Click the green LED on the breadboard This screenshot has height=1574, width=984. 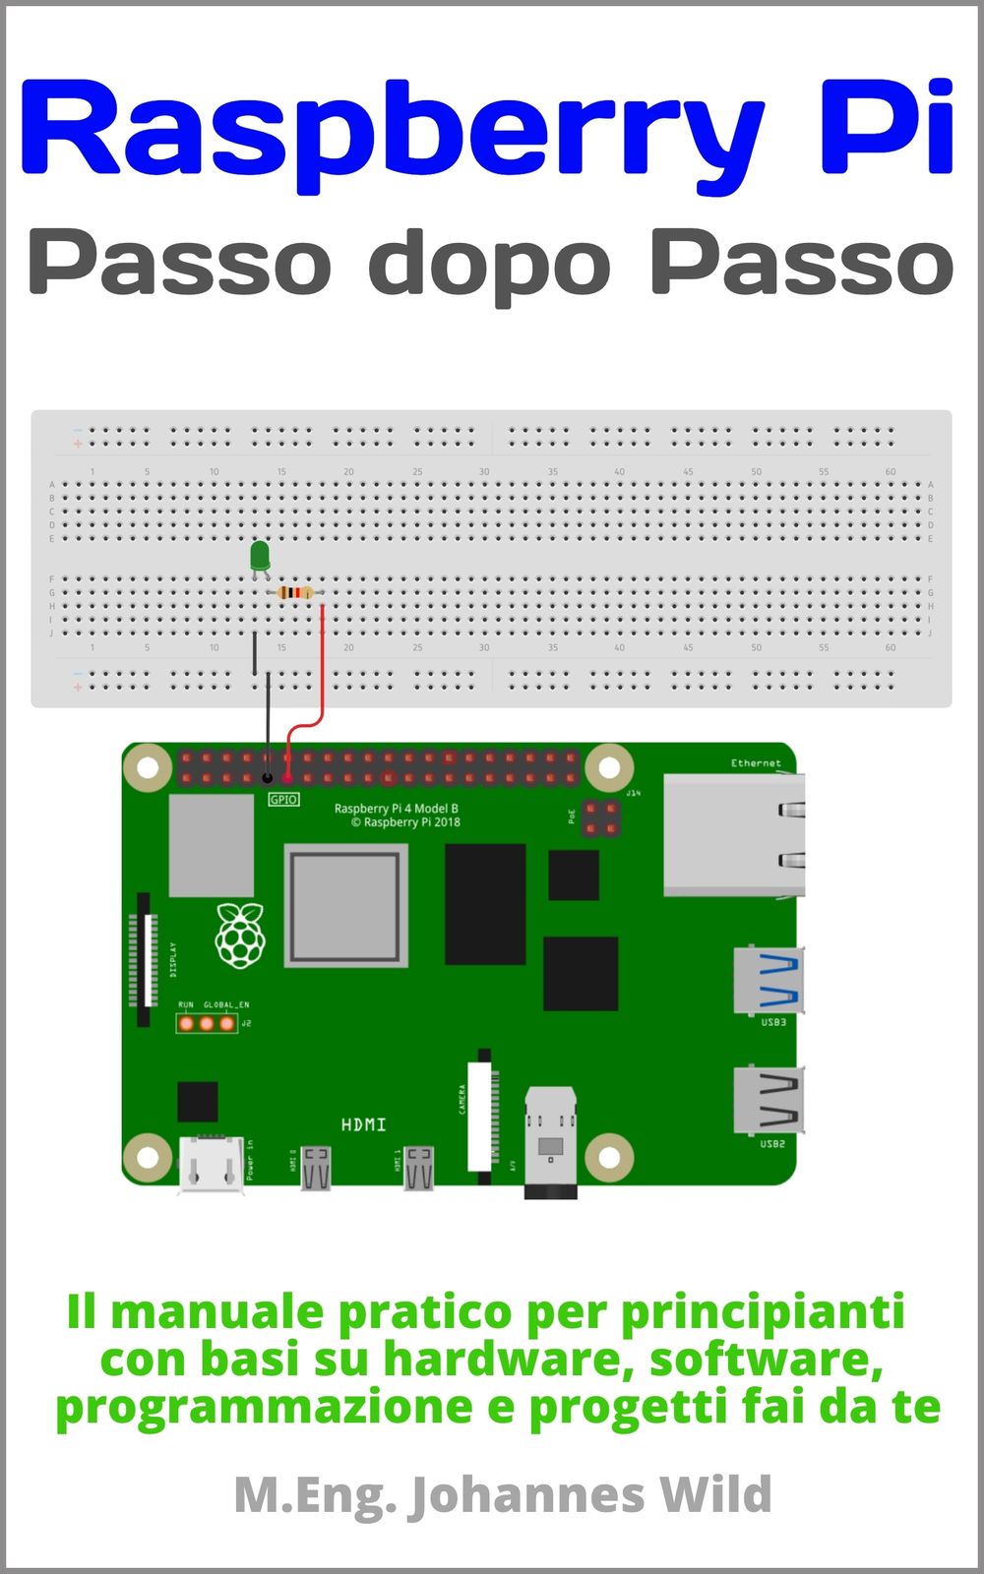coord(260,556)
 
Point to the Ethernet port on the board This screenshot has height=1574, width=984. coord(733,834)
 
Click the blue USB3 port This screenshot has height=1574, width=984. coord(769,980)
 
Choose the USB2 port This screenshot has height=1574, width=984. coord(769,1099)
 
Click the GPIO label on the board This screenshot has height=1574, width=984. coord(283,800)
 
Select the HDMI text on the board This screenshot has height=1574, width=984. coord(363,1124)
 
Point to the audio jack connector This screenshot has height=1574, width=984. coord(550,1141)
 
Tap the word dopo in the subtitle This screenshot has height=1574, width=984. coord(489,264)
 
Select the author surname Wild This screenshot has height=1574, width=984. coord(715,1494)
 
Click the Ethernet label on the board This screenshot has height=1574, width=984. coord(756,763)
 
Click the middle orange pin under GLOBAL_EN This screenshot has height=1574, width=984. coord(207,1023)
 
